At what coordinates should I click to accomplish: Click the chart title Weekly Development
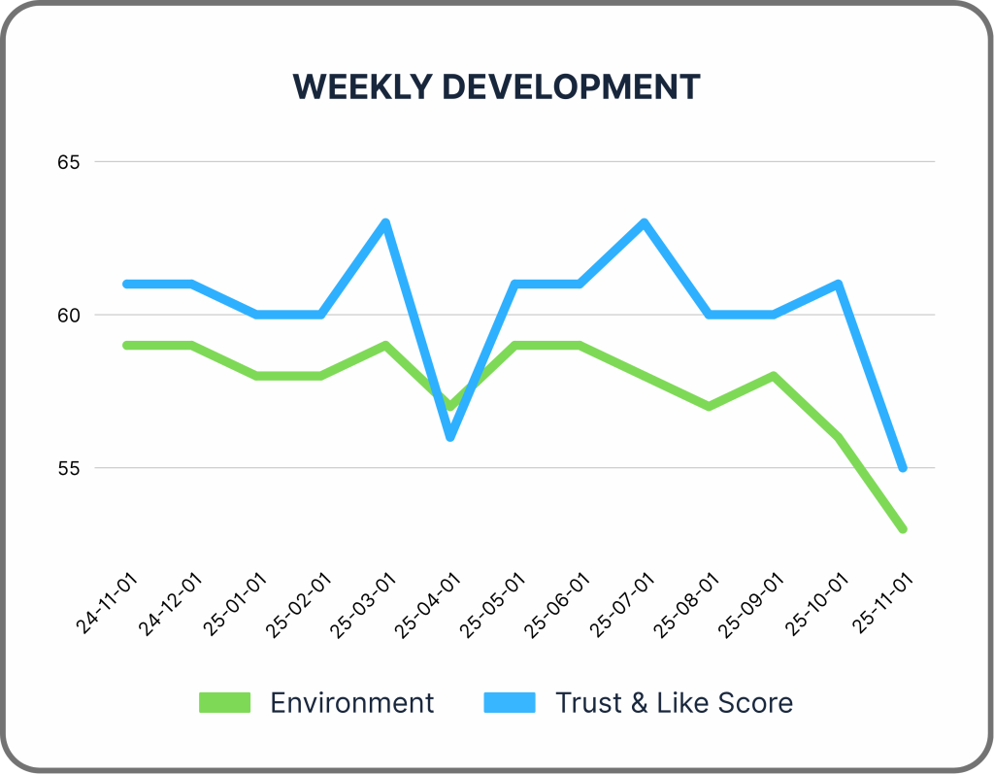coord(496,86)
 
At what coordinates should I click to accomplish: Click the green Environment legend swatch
coord(224,702)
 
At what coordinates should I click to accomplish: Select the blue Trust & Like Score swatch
coord(509,702)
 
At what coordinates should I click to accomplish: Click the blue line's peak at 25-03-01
coord(385,222)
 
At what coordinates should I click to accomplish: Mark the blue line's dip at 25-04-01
coord(450,437)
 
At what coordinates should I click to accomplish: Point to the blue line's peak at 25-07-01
coord(644,222)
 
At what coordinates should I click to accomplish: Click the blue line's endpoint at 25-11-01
coord(902,468)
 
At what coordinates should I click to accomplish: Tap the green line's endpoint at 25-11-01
coord(902,529)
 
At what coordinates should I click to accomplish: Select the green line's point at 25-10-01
coord(837,437)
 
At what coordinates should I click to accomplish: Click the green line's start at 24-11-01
coord(127,345)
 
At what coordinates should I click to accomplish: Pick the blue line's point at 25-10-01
coord(837,284)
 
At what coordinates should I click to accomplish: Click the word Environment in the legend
coord(351,702)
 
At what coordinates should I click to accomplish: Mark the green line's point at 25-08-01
coord(709,406)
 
